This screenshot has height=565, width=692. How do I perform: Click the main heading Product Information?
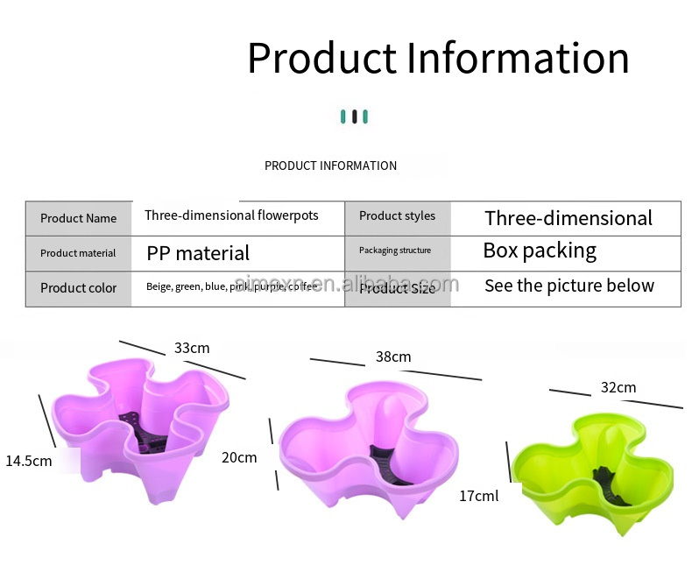coord(438,59)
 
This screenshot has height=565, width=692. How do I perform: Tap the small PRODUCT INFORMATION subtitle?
coord(330,166)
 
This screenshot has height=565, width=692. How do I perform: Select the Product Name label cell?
coord(78,218)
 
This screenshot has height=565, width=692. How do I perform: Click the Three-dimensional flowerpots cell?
coord(231,215)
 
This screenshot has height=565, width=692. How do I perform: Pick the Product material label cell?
coord(78,253)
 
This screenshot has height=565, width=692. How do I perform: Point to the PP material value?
coord(198,254)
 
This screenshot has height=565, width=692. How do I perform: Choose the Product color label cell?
coord(78,288)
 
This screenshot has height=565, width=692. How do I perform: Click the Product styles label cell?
coord(397,216)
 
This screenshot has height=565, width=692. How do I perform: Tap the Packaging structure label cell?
coord(395,251)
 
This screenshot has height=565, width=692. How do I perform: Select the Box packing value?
coord(540,251)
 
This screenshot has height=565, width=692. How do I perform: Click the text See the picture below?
coord(569,286)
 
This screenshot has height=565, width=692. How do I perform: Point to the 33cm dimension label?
coord(192,349)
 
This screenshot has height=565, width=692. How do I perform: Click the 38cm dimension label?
coord(393,357)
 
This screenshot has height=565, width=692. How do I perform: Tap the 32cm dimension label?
coord(618,387)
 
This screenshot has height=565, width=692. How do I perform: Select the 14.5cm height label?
coord(29,461)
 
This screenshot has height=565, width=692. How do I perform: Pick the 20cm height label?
coord(239,457)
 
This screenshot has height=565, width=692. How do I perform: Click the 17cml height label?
coord(478,496)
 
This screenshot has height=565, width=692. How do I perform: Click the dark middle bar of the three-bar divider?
coord(354,117)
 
